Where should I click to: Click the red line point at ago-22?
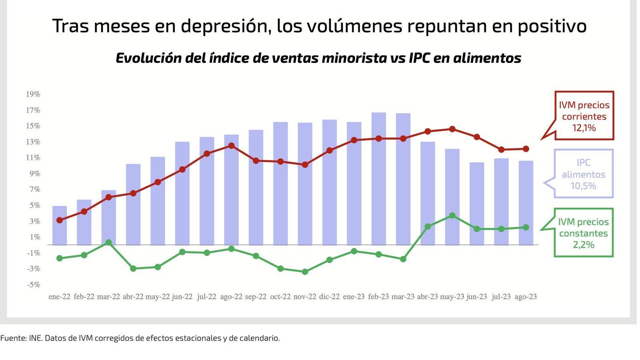pyautogui.click(x=231, y=146)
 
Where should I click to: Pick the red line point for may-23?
pyautogui.click(x=452, y=129)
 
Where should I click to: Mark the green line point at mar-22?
pyautogui.click(x=108, y=242)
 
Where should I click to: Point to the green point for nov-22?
pyautogui.click(x=305, y=272)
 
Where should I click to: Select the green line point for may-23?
pyautogui.click(x=452, y=216)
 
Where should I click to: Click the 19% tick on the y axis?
pyautogui.click(x=33, y=94)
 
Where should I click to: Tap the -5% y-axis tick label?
pyautogui.click(x=34, y=285)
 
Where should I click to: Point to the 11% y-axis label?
pyautogui.click(x=33, y=158)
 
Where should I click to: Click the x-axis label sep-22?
pyautogui.click(x=256, y=297)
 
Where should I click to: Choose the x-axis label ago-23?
pyautogui.click(x=526, y=297)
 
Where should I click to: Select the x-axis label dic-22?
pyautogui.click(x=329, y=297)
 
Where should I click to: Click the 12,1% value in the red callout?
pyautogui.click(x=584, y=128)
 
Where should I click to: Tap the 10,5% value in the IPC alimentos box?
pyautogui.click(x=583, y=186)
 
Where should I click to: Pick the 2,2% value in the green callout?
pyautogui.click(x=584, y=245)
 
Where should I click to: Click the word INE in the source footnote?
pyautogui.click(x=35, y=338)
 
